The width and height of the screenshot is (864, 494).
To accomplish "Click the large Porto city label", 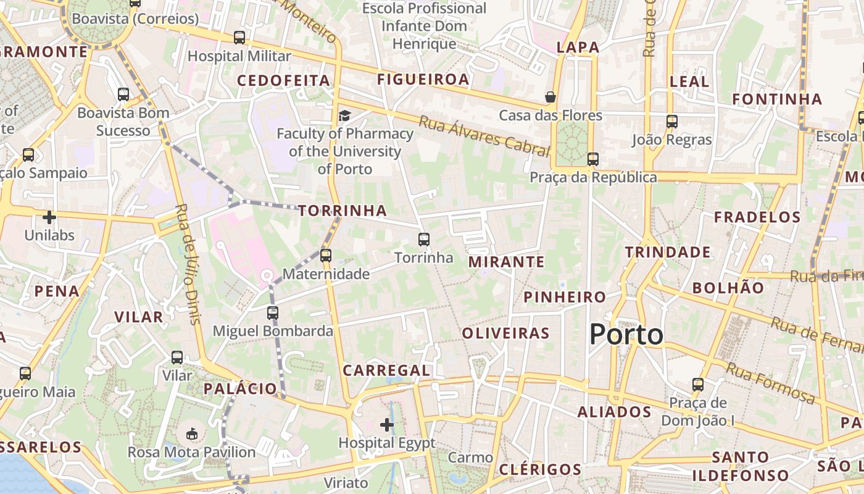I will click(x=626, y=335).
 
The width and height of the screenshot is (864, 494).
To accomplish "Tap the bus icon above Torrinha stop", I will click(x=423, y=239).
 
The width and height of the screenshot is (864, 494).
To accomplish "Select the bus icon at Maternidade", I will click(x=325, y=255).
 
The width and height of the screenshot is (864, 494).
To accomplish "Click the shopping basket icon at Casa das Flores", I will click(x=550, y=97).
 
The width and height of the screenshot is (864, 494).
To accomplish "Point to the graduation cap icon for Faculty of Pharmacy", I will click(x=344, y=115).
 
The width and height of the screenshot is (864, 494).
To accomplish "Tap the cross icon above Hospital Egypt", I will click(x=387, y=424).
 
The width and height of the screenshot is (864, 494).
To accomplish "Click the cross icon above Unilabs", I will click(x=49, y=217).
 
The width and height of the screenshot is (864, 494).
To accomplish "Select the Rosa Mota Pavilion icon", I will click(x=192, y=433).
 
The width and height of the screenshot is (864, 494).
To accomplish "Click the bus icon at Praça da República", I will click(x=592, y=159).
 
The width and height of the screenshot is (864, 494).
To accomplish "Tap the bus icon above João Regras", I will click(x=671, y=122).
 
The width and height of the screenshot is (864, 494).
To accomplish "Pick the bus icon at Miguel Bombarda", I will click(x=273, y=312).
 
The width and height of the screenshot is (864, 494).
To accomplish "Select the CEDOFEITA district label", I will click(x=284, y=80).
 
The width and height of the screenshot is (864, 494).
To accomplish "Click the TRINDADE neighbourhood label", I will click(x=668, y=252).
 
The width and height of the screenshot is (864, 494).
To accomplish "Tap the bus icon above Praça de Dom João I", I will click(x=697, y=384).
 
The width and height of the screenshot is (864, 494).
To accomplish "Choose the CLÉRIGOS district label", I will click(x=540, y=469).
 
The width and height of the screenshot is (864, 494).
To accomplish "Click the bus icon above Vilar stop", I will click(x=177, y=357).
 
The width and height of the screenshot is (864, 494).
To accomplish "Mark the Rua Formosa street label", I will click(x=770, y=383).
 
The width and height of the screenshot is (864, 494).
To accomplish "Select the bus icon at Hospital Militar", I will click(x=239, y=37).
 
